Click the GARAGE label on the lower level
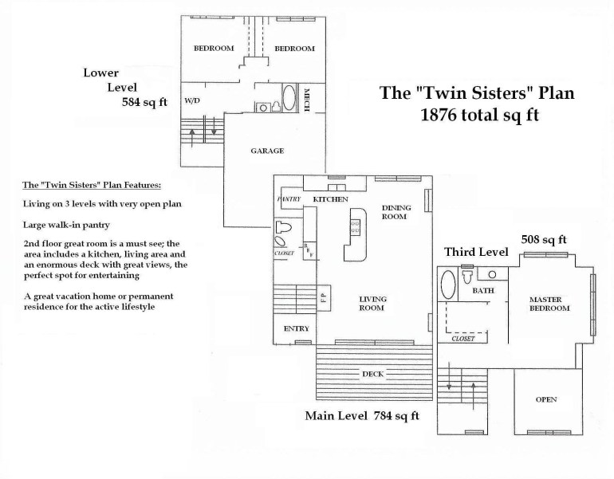[x=267, y=150]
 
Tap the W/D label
[x=192, y=102]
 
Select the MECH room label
[x=307, y=100]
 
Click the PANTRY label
[x=287, y=198]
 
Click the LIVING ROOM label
[x=372, y=304]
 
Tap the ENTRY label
[x=296, y=328]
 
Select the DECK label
[x=373, y=373]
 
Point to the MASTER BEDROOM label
[x=550, y=304]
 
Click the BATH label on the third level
[x=484, y=291]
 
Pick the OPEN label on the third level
[x=546, y=399]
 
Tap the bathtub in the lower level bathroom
[x=287, y=100]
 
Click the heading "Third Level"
[x=476, y=252]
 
